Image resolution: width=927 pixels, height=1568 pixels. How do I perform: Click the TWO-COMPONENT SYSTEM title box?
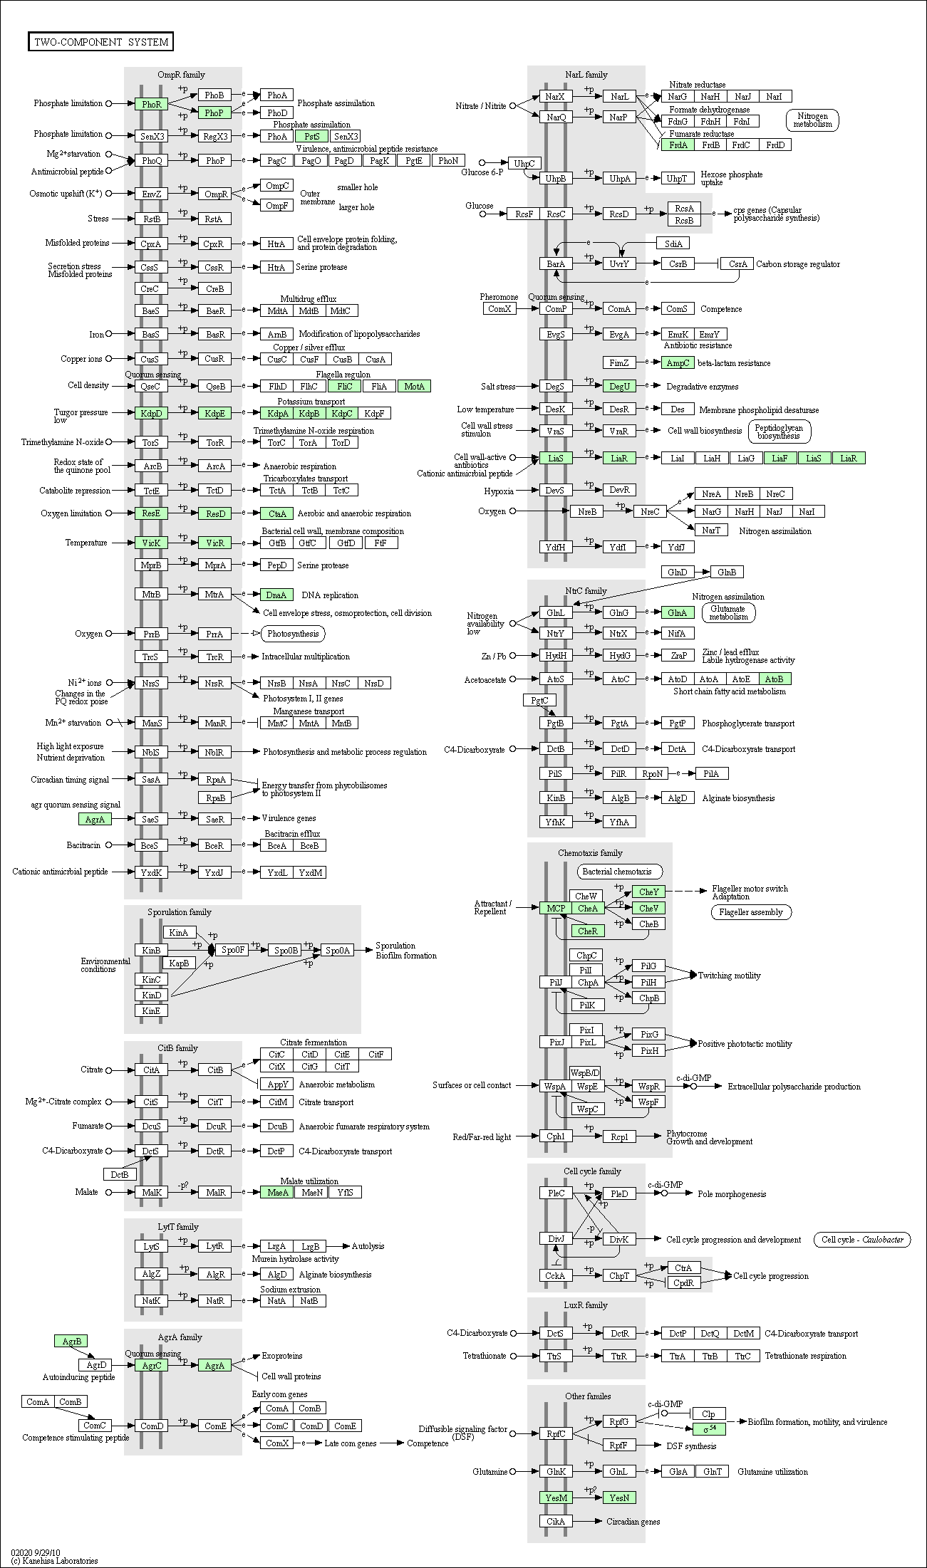point(101,42)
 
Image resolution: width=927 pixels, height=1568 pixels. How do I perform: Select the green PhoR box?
point(152,104)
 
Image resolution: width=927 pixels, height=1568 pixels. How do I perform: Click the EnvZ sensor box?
point(152,194)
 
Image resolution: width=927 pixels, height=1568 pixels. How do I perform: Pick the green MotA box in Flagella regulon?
point(414,386)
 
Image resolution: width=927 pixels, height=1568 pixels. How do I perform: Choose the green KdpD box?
point(152,413)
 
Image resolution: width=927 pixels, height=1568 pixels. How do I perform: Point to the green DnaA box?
point(276,595)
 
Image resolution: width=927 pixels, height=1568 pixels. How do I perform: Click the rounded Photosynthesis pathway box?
point(293,634)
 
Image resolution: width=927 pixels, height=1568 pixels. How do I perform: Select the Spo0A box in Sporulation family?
point(338,950)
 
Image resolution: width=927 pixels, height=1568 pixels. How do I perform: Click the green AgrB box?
point(71,1341)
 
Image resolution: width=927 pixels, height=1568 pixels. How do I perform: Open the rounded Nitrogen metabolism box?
point(812,120)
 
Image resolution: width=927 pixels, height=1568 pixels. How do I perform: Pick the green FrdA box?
point(678,145)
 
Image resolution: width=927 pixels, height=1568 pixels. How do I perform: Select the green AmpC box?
point(678,363)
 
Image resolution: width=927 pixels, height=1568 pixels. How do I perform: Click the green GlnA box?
point(677,612)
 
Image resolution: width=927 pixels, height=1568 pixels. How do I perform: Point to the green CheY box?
point(648,892)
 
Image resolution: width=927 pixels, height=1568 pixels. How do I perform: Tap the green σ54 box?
point(710,1428)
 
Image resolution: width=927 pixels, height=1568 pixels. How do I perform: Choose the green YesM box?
point(556,1498)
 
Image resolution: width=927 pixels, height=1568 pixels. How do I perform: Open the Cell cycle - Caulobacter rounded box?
point(862,1239)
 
